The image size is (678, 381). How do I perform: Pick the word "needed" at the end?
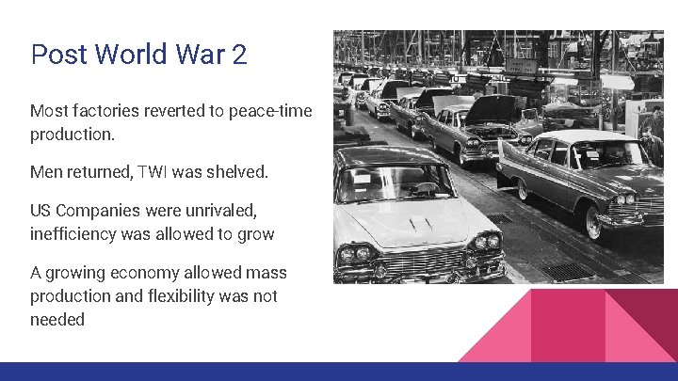point(57,319)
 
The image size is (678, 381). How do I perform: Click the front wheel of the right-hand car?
point(592,223)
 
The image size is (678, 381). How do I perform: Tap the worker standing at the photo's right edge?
point(653,141)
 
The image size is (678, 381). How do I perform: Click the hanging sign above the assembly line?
point(522,67)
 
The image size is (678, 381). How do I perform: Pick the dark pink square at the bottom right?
point(568,325)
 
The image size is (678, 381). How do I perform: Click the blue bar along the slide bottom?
point(339,372)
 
